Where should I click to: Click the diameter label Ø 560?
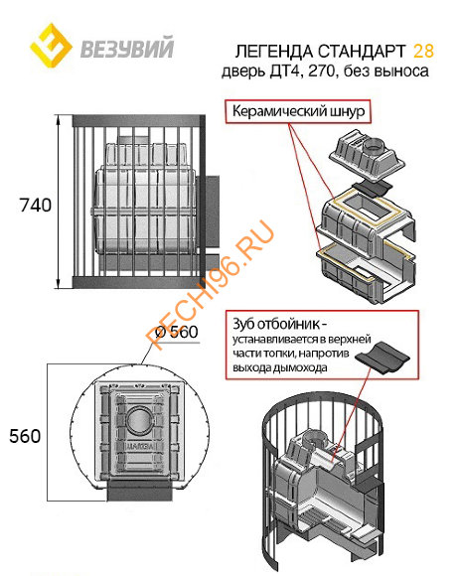pos(167,333)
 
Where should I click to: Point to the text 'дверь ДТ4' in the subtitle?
pos(260,72)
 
